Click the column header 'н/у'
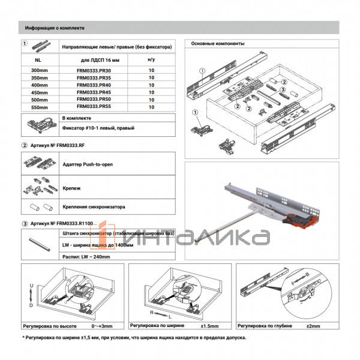tap(151, 59)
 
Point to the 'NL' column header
tap(38, 59)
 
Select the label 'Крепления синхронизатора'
tap(94, 207)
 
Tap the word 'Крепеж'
tap(71, 188)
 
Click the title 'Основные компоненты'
tap(217, 44)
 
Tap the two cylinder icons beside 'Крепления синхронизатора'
tap(38, 207)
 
